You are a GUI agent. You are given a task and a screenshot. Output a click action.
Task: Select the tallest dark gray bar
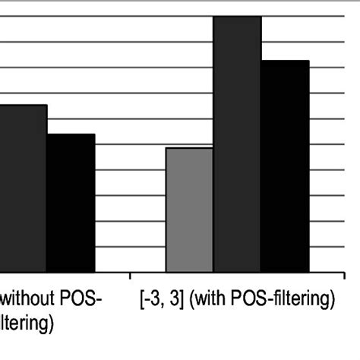(237, 144)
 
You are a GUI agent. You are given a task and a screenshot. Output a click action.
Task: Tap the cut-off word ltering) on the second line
(26, 326)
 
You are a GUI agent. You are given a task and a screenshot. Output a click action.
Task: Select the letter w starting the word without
(7, 301)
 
